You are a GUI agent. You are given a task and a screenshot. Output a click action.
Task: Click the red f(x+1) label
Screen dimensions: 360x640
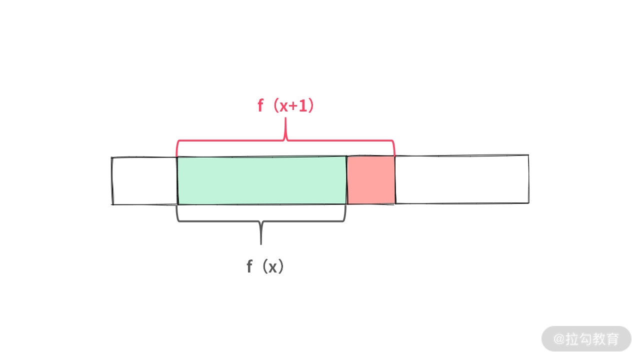click(285, 106)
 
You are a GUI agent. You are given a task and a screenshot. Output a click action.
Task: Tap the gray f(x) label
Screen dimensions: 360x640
click(265, 267)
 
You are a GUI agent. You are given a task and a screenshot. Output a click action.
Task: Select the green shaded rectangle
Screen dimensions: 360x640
click(261, 180)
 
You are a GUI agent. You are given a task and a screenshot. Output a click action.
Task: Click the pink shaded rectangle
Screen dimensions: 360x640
click(370, 180)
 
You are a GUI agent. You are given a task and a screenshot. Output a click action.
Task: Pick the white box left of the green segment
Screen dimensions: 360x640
click(144, 180)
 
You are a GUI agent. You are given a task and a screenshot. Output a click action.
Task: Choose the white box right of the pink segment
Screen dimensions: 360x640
click(461, 179)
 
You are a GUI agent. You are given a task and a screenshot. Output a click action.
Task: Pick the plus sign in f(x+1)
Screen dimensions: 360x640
click(292, 106)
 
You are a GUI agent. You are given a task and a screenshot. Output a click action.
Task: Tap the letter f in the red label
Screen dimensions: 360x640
click(260, 106)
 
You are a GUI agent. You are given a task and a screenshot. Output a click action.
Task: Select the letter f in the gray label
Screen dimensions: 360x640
click(249, 267)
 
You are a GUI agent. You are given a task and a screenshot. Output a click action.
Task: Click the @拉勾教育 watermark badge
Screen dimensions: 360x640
click(586, 338)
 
